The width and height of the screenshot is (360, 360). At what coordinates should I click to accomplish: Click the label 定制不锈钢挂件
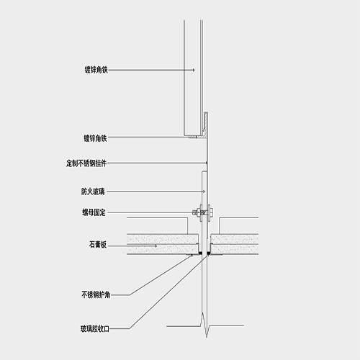[x=86, y=163]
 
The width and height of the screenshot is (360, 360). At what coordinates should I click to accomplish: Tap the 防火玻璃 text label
[x=93, y=192]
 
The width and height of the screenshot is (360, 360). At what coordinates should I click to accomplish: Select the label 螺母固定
[x=94, y=212]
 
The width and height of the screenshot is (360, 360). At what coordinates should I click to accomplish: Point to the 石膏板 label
[x=98, y=245]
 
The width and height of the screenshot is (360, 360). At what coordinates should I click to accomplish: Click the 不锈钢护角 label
[x=96, y=294]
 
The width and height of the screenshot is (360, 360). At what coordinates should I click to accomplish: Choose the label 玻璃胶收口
[x=95, y=328]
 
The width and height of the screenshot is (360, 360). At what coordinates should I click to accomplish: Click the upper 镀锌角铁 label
[x=96, y=70]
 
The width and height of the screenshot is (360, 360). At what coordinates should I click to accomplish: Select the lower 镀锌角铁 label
[x=95, y=138]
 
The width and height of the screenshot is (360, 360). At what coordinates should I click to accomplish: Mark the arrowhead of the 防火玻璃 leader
[x=204, y=192]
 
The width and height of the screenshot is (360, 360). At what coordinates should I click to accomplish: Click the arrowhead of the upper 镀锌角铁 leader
[x=193, y=70]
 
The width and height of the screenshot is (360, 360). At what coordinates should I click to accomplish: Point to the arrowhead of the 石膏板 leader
[x=156, y=246]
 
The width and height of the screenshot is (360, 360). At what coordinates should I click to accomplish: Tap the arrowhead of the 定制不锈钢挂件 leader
[x=207, y=163]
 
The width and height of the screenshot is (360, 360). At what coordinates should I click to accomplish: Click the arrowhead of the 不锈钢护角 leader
[x=192, y=256]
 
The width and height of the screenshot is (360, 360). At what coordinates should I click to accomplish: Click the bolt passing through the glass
[x=203, y=212]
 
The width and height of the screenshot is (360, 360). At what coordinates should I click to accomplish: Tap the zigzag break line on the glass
[x=205, y=325]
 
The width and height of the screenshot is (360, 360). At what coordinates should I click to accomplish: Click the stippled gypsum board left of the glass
[x=163, y=244]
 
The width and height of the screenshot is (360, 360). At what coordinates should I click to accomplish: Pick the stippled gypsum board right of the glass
[x=235, y=244]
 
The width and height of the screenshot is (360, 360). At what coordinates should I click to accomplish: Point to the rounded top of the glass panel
[x=204, y=171]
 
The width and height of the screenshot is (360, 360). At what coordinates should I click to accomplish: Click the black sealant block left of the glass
[x=199, y=253]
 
